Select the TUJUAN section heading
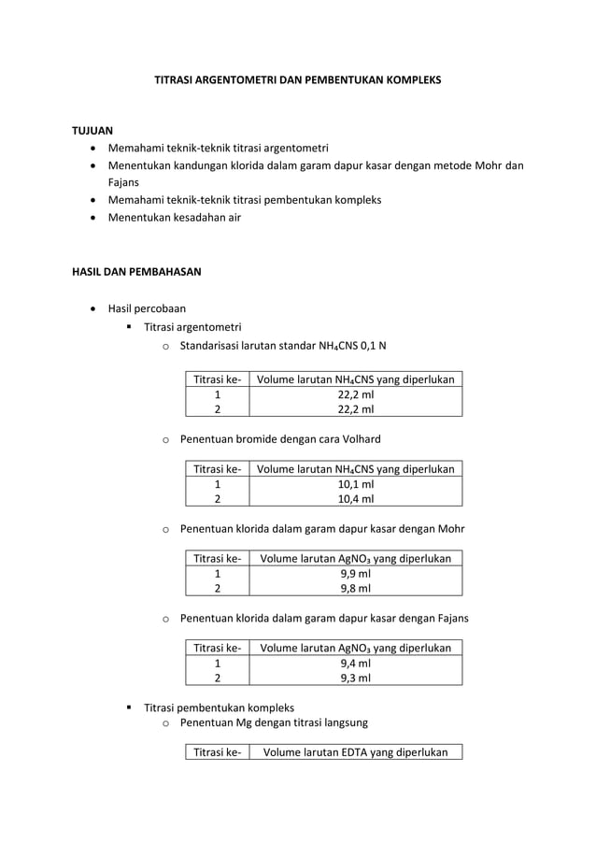92,130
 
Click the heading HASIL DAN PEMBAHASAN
136,272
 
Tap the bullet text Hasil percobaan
147,308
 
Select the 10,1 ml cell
355,484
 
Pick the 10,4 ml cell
355,499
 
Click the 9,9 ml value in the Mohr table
355,574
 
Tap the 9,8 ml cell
355,589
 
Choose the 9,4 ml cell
355,664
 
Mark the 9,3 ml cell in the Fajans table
355,679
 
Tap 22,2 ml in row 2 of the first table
355,409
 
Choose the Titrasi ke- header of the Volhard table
217,469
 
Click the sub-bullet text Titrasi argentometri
192,327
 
